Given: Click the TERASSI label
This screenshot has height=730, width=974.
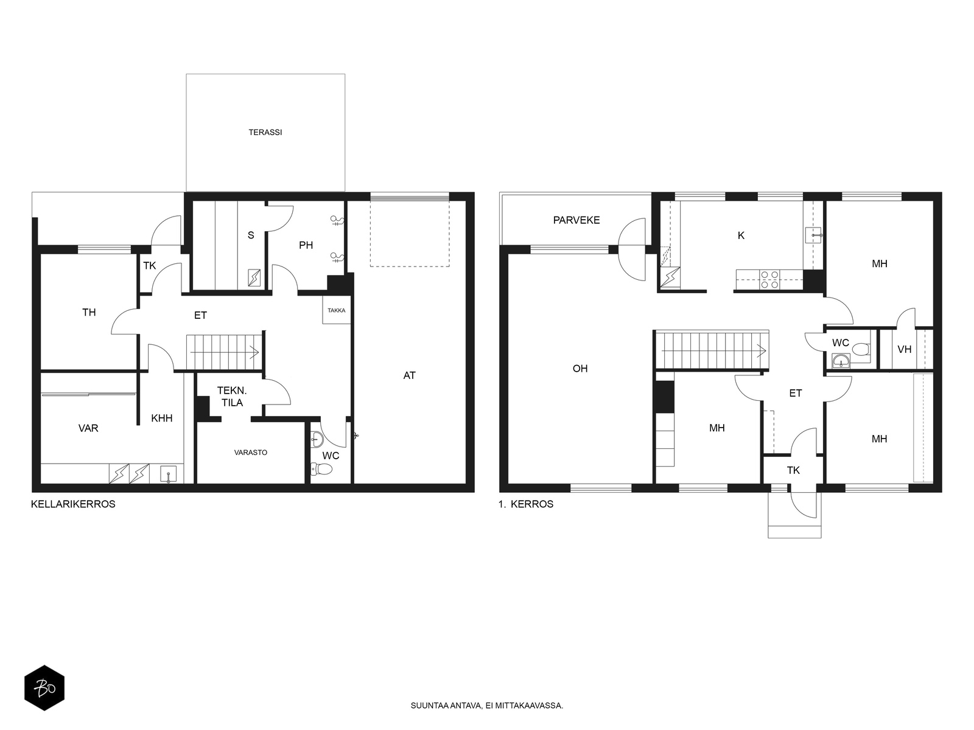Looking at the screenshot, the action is [265, 132].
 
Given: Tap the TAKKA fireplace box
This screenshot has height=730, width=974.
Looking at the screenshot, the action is [337, 310].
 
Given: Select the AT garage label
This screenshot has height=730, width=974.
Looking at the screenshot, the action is [409, 375].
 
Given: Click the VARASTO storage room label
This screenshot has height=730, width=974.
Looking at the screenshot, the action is [251, 453].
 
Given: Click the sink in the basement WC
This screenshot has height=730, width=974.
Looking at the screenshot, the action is [317, 440].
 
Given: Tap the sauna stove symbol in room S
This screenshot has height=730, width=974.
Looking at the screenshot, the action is [254, 278].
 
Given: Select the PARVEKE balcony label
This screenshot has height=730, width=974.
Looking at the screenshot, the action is [576, 220].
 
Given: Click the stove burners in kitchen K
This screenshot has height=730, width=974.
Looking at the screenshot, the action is [769, 280].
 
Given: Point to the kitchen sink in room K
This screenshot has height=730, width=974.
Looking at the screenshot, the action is [813, 235].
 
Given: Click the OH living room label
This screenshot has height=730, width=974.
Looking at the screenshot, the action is [580, 368].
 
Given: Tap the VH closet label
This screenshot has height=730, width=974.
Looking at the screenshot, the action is [905, 349].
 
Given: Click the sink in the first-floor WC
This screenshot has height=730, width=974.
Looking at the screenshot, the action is [841, 361].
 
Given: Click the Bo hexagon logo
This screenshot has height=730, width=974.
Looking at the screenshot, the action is [44, 688].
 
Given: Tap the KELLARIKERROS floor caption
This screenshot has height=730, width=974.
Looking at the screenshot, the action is [73, 504].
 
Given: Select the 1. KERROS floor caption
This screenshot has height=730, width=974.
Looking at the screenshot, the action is [526, 504].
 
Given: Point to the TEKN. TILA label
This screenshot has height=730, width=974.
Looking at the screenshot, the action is [232, 396].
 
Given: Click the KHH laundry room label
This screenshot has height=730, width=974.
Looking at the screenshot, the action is [161, 418].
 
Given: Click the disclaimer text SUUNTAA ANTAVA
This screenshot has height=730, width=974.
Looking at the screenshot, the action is [446, 706].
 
